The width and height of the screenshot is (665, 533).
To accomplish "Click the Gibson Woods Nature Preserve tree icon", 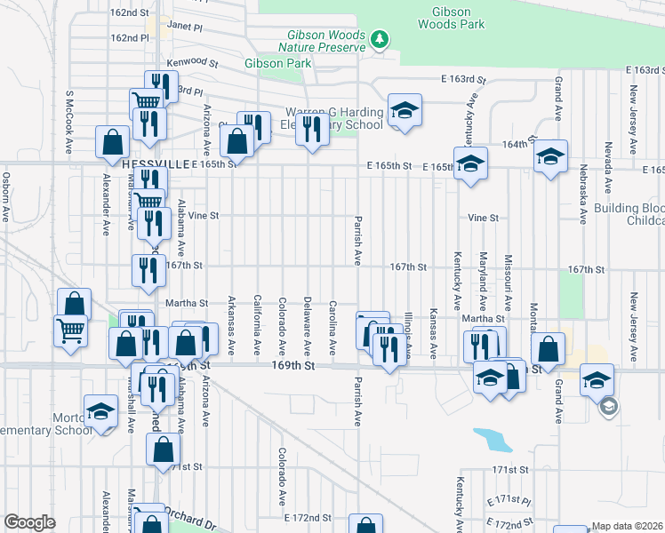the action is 380,39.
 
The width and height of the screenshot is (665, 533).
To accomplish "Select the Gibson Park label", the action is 278,64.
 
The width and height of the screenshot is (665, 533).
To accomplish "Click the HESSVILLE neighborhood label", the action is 157,164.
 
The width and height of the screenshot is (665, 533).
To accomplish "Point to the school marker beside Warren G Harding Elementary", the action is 405,111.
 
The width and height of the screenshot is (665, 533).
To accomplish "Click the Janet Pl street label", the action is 185,28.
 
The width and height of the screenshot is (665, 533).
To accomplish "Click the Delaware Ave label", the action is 307,323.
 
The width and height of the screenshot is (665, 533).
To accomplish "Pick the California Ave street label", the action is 257,323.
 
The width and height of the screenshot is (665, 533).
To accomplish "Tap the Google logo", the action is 29,522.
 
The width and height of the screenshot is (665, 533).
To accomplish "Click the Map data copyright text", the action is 627,526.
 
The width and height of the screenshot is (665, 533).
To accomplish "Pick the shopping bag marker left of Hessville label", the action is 113,141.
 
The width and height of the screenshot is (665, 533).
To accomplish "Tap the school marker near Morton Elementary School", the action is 100,411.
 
